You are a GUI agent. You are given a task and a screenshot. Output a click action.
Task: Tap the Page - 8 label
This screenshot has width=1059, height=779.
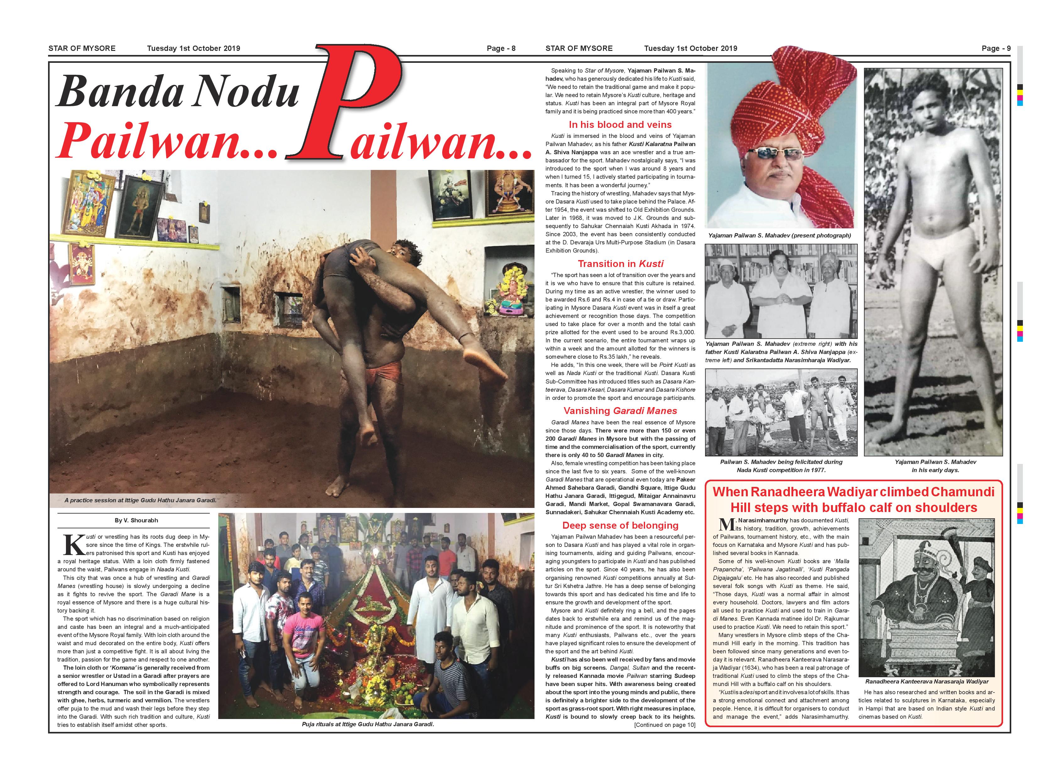[x=501, y=48]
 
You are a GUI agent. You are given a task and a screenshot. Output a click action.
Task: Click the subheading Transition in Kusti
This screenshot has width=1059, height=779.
[x=620, y=264]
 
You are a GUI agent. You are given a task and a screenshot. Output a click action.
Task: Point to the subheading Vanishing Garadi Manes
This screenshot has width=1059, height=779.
[x=620, y=411]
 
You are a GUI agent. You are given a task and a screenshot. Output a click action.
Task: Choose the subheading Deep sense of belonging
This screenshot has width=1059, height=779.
[x=620, y=525]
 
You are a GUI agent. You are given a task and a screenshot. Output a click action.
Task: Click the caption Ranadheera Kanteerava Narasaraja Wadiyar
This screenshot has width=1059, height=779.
[x=926, y=681]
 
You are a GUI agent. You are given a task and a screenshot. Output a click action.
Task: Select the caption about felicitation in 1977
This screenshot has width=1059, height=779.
[x=781, y=466]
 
